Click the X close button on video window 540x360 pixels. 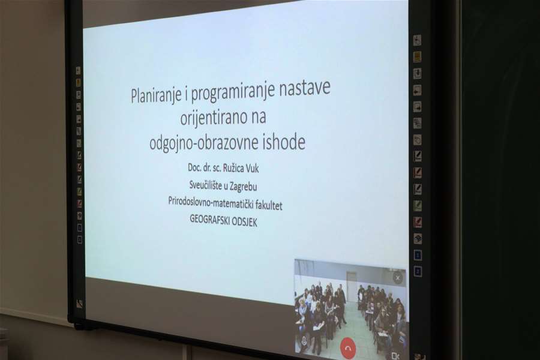tap(397, 277)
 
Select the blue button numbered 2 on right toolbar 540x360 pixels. tap(418, 271)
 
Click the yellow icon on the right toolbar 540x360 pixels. tap(416, 56)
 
